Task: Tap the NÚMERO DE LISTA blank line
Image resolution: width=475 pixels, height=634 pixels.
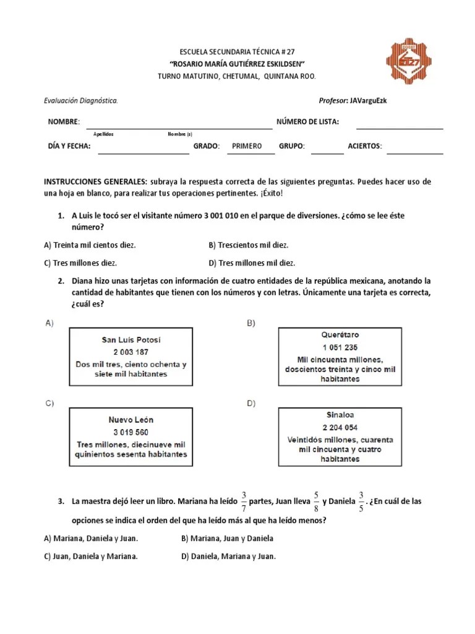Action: [400, 128]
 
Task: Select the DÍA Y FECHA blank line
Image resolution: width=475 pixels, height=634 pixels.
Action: [143, 152]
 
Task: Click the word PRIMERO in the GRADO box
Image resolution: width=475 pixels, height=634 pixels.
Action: [247, 146]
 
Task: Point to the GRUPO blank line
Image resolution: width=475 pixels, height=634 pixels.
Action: [327, 152]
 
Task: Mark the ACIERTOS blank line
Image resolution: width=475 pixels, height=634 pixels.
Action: [414, 152]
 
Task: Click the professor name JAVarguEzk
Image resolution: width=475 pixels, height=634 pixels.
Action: [368, 100]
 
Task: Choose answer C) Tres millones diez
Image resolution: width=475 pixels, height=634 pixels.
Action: [80, 263]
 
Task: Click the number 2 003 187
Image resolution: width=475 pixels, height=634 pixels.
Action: [131, 352]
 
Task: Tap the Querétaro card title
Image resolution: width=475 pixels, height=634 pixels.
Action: [340, 335]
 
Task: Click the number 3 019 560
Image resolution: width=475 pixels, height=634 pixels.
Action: [131, 432]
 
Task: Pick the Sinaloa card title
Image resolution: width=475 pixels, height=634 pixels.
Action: [340, 415]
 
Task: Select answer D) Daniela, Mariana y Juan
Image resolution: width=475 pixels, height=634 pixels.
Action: [228, 556]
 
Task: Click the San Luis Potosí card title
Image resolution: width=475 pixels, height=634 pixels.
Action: [131, 340]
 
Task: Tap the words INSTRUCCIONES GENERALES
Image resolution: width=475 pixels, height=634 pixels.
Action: [95, 182]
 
